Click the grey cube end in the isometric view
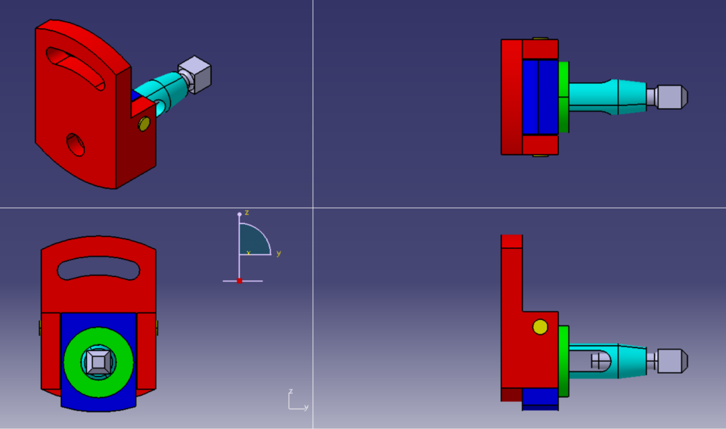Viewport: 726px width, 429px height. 196,74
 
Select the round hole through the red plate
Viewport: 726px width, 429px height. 76,143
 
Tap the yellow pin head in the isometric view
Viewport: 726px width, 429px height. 144,124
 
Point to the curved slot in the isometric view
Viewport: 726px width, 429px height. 76,67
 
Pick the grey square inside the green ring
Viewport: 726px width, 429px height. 98,362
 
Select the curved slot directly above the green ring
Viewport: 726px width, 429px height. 98,266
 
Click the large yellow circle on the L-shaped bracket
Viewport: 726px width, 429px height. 540,327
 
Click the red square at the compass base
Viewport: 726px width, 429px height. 240,281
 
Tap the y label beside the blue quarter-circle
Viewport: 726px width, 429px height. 278,253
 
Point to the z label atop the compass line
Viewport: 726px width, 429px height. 247,213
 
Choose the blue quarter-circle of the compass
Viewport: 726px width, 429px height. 253,241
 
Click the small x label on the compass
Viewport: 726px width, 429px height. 249,252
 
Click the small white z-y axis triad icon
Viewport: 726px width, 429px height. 296,400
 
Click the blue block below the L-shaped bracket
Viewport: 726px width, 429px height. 540,397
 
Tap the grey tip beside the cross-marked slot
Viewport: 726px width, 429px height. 672,361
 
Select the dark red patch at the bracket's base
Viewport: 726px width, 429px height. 511,394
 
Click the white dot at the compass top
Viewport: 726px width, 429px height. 240,215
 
